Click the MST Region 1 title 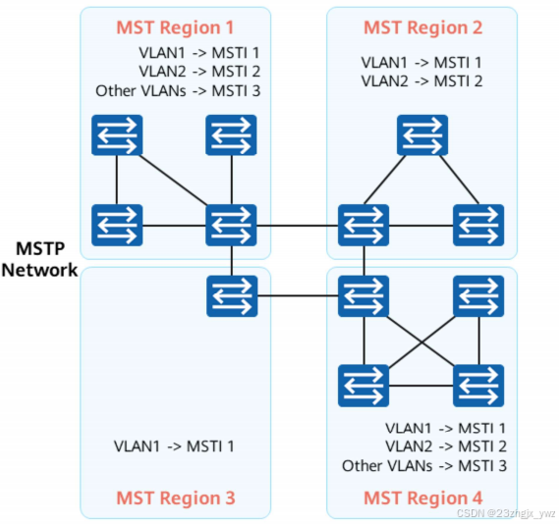pyautogui.click(x=176, y=26)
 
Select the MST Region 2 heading pyautogui.click(x=422, y=26)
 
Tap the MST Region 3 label pyautogui.click(x=176, y=498)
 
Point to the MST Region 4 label pyautogui.click(x=422, y=498)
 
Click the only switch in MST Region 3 pyautogui.click(x=231, y=295)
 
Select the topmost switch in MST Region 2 pyautogui.click(x=422, y=135)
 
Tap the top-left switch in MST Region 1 pyautogui.click(x=118, y=135)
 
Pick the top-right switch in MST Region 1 pyautogui.click(x=231, y=135)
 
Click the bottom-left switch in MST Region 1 pyautogui.click(x=118, y=225)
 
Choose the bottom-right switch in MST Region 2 pyautogui.click(x=478, y=225)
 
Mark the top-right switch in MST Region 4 pyautogui.click(x=478, y=295)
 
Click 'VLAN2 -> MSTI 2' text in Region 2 pyautogui.click(x=421, y=80)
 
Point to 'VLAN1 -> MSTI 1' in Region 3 pyautogui.click(x=174, y=446)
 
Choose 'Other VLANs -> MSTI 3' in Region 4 pyautogui.click(x=423, y=465)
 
